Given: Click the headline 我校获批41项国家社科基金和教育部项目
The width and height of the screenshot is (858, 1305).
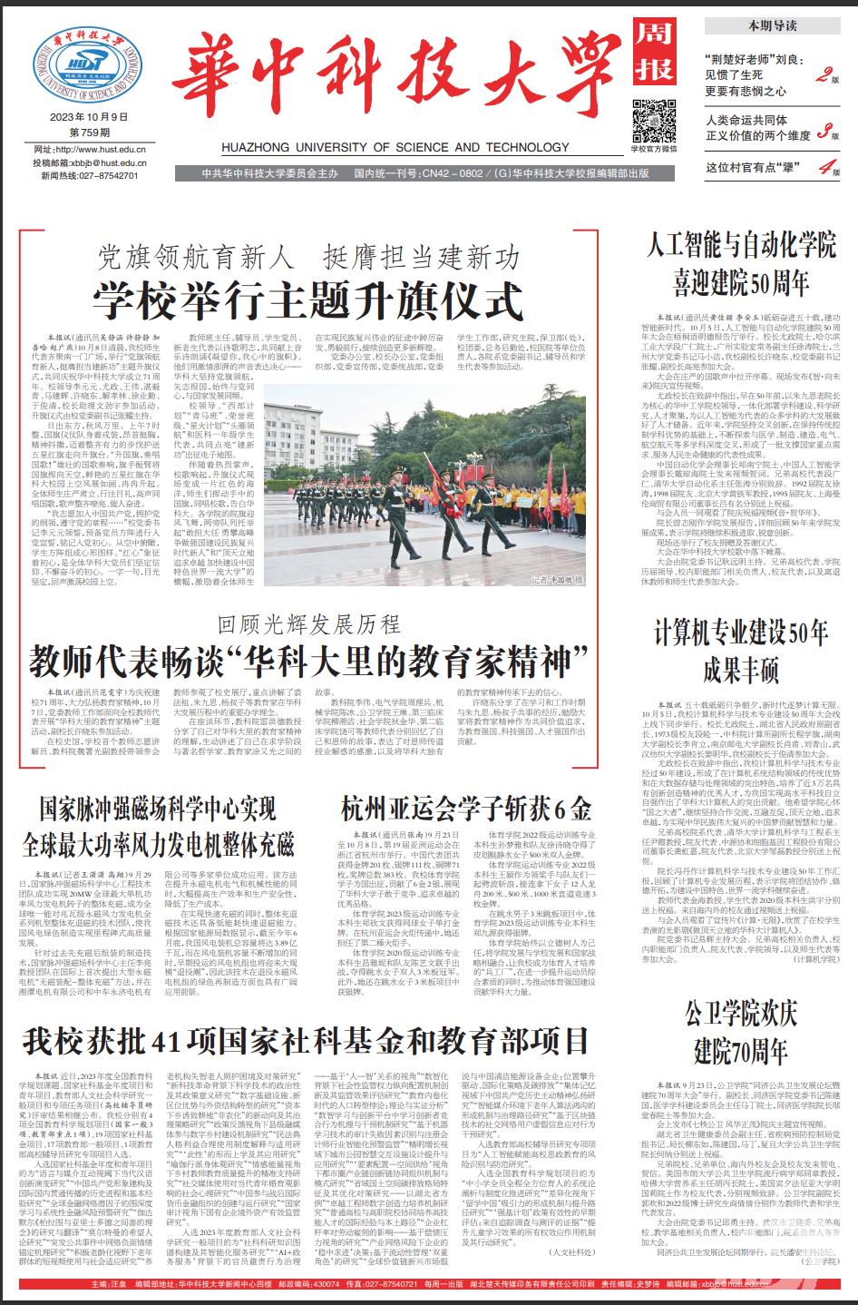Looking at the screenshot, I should (307, 1038).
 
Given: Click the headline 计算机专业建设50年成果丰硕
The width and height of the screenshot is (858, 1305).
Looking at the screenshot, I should (741, 650).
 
